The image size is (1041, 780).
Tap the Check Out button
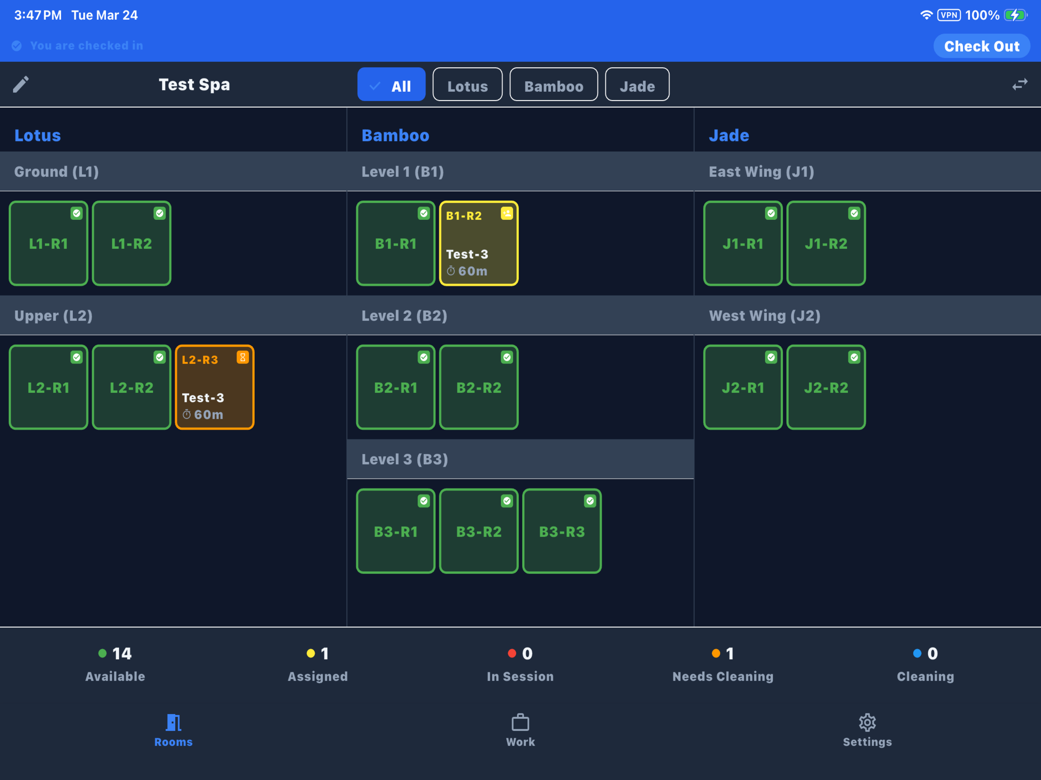point(981,46)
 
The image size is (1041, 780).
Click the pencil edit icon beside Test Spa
point(21,85)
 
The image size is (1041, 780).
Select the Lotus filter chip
point(467,85)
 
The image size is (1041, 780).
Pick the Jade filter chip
point(637,85)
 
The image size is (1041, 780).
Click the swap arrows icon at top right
point(1020,85)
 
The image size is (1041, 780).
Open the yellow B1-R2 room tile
point(479,244)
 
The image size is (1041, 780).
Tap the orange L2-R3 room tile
point(215,387)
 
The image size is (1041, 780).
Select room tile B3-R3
point(562,531)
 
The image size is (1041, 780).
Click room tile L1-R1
point(48,244)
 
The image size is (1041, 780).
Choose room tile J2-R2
point(826,387)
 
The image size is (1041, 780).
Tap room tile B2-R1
point(396,387)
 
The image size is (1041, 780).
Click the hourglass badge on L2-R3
point(242,358)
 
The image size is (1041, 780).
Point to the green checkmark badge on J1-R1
point(771,214)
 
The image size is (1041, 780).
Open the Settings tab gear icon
point(867,722)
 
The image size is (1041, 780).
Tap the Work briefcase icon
point(520,722)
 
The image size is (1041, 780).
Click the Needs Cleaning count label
point(723,676)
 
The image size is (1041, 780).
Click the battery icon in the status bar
point(1015,15)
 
